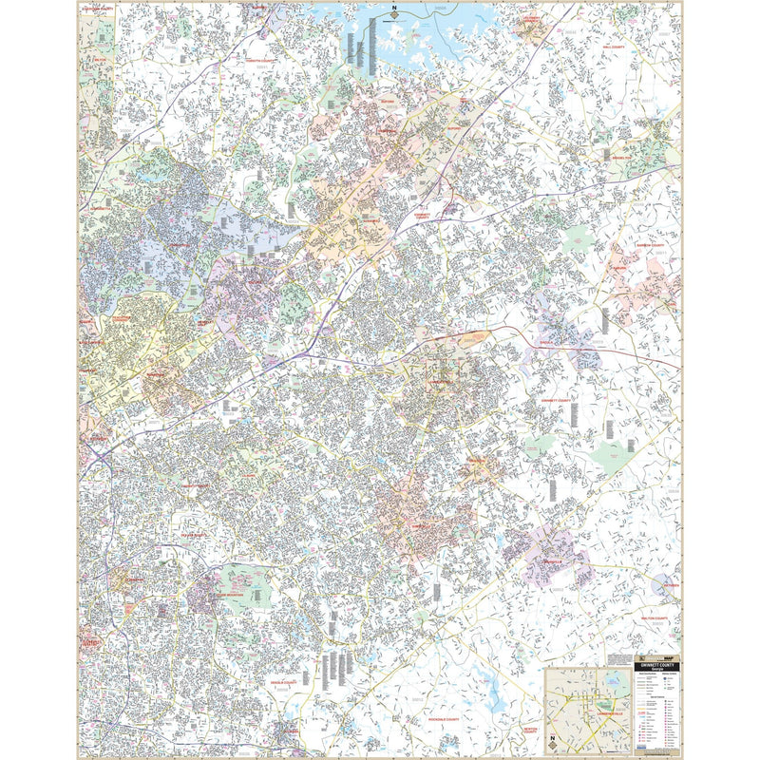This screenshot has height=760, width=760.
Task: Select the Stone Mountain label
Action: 225,593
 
